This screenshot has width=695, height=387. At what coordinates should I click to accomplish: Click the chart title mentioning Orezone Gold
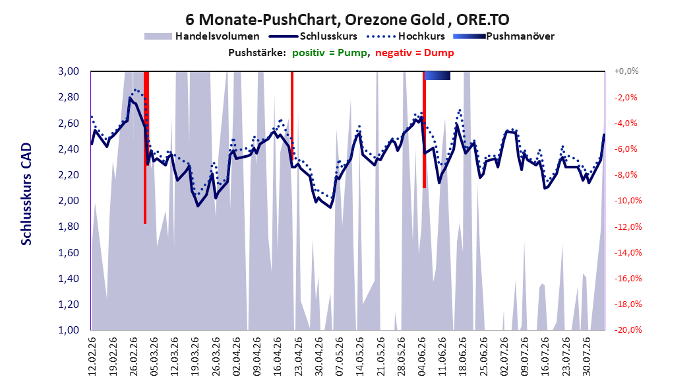pyautogui.click(x=347, y=20)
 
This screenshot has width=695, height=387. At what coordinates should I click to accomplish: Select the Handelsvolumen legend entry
pyautogui.click(x=202, y=36)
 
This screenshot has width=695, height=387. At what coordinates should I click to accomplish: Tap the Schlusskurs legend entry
pyautogui.click(x=313, y=36)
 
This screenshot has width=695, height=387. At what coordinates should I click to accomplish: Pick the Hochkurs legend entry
pyautogui.click(x=406, y=36)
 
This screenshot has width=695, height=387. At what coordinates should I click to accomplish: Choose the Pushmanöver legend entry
pyautogui.click(x=504, y=36)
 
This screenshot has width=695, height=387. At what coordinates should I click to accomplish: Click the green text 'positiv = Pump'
pyautogui.click(x=330, y=53)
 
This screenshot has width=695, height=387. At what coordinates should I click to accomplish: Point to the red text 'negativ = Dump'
pyautogui.click(x=415, y=53)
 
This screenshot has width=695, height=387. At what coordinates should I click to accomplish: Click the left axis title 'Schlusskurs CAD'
pyautogui.click(x=26, y=194)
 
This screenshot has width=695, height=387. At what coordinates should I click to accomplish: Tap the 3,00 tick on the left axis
pyautogui.click(x=69, y=71)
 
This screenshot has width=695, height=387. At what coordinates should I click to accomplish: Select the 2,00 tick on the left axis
pyautogui.click(x=69, y=201)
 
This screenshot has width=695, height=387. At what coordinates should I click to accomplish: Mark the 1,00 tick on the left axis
pyautogui.click(x=69, y=330)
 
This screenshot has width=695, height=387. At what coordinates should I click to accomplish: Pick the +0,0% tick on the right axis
pyautogui.click(x=626, y=71)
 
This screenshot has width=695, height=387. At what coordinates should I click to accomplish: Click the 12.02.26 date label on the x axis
pyautogui.click(x=92, y=357)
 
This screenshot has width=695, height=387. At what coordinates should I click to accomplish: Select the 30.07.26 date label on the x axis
pyautogui.click(x=586, y=357)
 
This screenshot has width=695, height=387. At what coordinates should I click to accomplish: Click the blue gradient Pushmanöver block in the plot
pyautogui.click(x=437, y=75)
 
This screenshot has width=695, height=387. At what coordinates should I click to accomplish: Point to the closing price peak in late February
pyautogui.click(x=130, y=98)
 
